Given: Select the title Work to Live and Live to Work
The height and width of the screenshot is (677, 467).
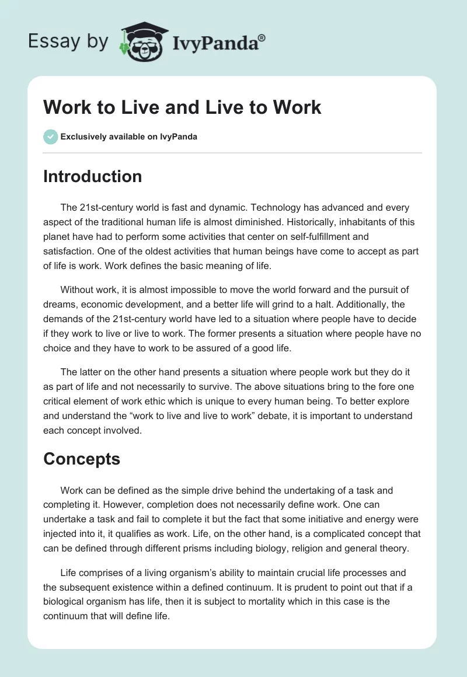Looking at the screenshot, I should coord(182,107).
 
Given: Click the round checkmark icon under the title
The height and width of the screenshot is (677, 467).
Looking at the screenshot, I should coord(50,137).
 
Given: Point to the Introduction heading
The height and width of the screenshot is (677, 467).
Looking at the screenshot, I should coord(92,176).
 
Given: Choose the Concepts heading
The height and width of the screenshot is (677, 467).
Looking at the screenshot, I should coord(82,459).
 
